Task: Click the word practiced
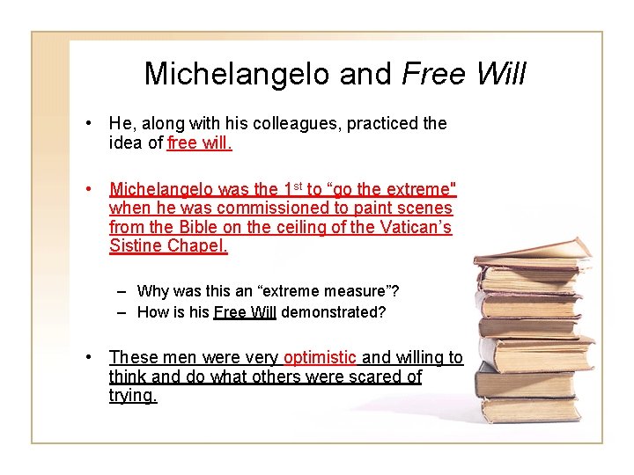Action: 382,123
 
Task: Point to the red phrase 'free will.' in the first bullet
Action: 199,143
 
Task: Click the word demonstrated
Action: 333,311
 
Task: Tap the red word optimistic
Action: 321,357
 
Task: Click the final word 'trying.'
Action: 132,396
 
